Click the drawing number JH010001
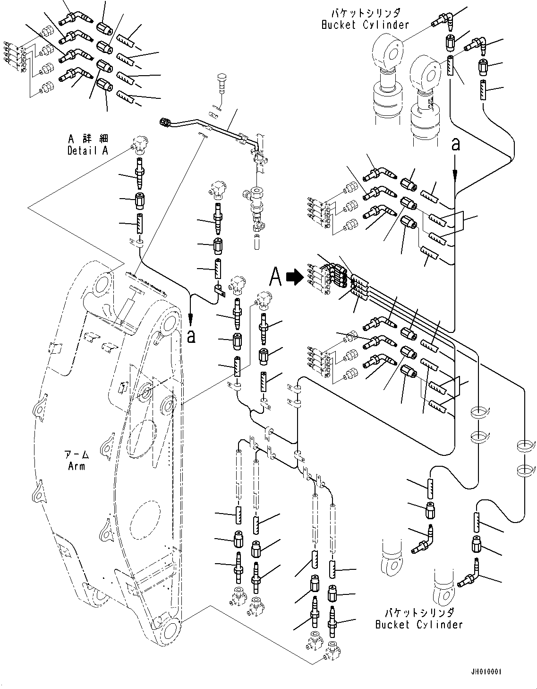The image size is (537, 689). click(486, 672)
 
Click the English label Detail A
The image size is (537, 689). click(88, 150)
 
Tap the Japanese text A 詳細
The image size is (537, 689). click(88, 139)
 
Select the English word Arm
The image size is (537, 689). click(77, 466)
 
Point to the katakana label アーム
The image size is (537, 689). click(77, 455)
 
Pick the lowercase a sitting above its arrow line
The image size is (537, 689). click(455, 143)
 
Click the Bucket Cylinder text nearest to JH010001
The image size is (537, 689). click(419, 625)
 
